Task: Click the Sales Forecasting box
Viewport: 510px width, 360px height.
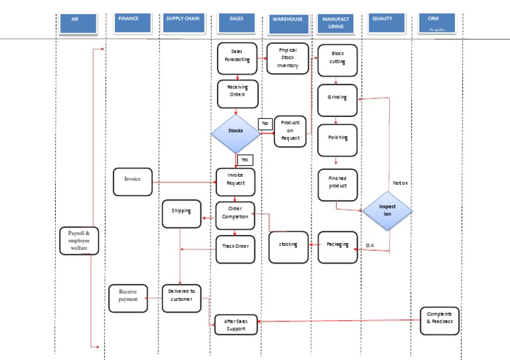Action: click(x=236, y=58)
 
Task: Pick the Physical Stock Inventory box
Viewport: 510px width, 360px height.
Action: click(x=288, y=58)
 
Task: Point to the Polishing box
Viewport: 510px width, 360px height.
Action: click(x=337, y=140)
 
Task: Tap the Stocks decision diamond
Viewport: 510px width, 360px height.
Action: click(x=236, y=132)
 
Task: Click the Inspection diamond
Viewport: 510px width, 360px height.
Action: click(x=387, y=211)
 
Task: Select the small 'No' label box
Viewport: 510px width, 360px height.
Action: click(x=265, y=124)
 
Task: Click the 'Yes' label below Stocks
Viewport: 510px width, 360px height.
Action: click(x=244, y=159)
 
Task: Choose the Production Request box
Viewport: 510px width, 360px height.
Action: click(x=290, y=131)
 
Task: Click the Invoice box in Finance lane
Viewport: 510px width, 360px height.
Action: click(x=132, y=179)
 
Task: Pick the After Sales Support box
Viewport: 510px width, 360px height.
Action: click(x=236, y=325)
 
